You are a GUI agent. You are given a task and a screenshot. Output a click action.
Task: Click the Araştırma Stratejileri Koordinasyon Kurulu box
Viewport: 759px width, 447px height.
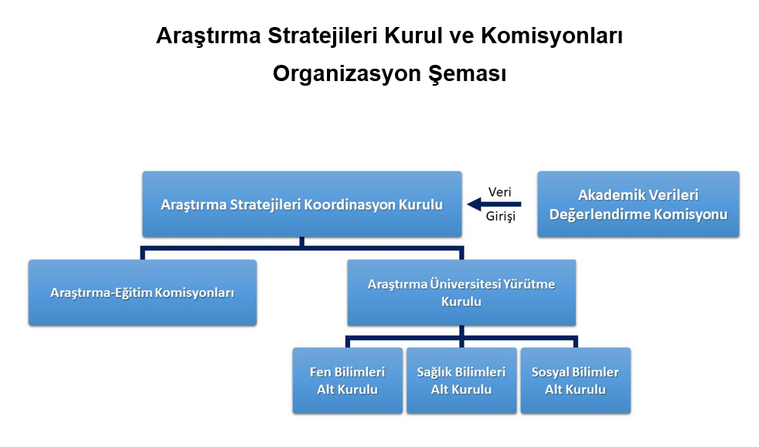tap(302, 204)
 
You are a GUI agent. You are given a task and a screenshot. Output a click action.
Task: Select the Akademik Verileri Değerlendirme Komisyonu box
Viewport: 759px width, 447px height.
tap(638, 204)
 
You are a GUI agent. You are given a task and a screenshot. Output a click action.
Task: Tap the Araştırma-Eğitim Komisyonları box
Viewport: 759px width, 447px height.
tap(142, 293)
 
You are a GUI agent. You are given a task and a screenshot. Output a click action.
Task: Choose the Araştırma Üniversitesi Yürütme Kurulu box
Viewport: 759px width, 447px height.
tap(461, 293)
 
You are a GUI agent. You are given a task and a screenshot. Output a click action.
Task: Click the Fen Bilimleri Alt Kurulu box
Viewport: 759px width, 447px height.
tap(348, 381)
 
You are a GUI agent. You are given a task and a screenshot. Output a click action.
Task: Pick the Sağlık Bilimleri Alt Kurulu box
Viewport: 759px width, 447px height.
tap(461, 381)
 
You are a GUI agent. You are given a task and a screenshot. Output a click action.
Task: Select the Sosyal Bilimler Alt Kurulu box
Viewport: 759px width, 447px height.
tap(576, 381)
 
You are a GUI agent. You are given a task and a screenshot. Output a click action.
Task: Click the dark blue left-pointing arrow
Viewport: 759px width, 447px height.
tap(494, 205)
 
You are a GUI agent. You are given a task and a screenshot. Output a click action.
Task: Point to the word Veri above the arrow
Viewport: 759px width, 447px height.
tap(499, 192)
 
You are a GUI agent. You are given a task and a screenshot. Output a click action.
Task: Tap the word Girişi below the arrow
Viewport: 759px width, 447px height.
tap(501, 216)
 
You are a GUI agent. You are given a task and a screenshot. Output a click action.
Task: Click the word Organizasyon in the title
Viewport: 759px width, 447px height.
tap(346, 74)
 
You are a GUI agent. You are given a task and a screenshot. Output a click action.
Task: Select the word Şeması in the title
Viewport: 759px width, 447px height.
tap(467, 74)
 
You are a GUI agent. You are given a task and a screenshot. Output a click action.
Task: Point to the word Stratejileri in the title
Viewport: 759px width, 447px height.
tap(322, 36)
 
